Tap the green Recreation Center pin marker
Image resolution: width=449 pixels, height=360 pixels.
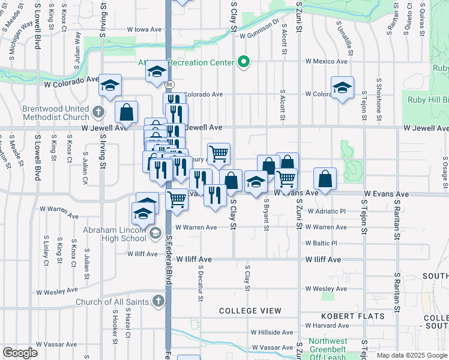click(x=243, y=62)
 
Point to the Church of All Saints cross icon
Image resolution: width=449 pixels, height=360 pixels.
click(x=158, y=300)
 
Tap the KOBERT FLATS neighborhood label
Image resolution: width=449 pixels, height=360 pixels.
click(x=344, y=316)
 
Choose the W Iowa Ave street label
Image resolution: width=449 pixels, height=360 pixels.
click(x=144, y=29)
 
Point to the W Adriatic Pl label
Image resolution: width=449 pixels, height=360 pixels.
click(x=327, y=211)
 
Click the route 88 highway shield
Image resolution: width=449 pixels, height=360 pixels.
click(x=170, y=85)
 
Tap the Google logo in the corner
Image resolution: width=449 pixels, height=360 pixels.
click(x=20, y=352)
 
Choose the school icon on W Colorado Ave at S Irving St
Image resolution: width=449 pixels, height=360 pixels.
click(x=110, y=85)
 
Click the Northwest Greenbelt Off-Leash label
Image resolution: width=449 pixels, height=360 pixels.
click(x=328, y=349)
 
